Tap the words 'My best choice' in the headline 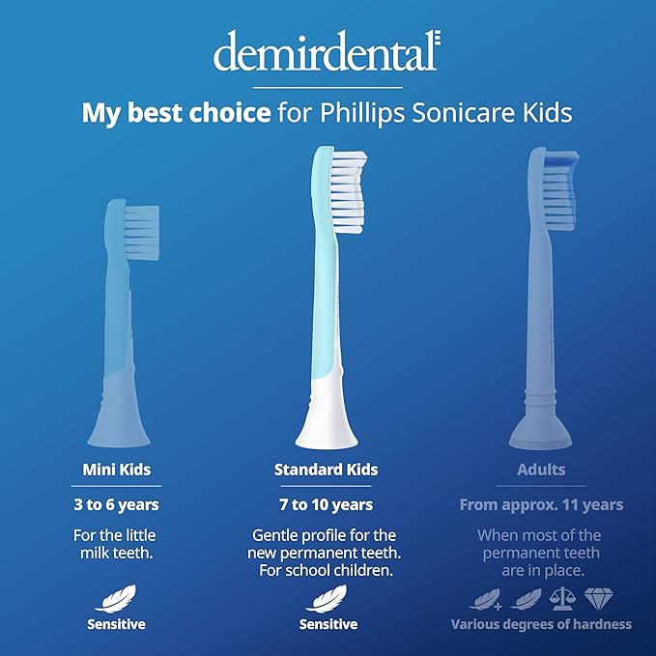coord(175,113)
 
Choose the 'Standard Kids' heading coord(326,471)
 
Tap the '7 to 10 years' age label coord(326,504)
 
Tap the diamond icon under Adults coord(600,598)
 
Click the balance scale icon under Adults coord(559,598)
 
